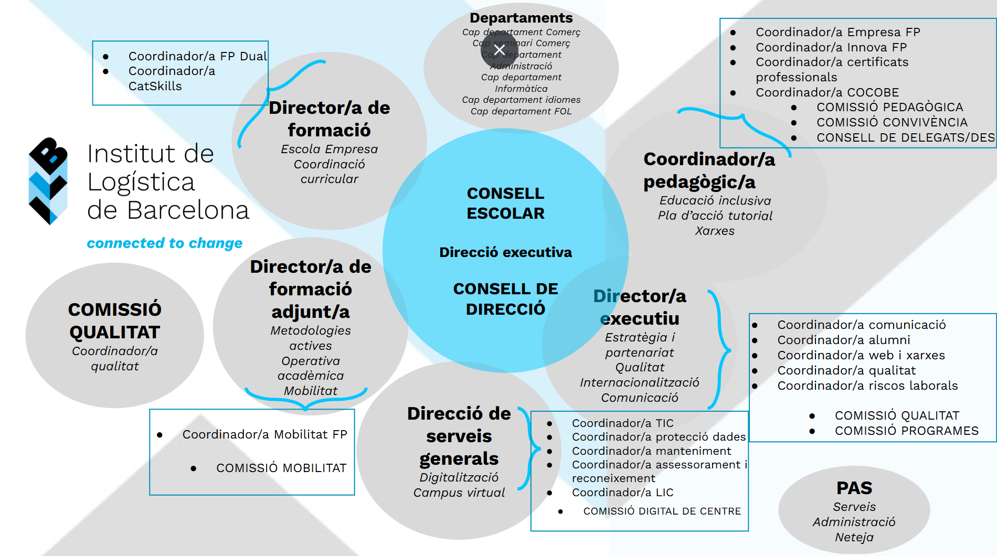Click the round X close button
pos(500,50)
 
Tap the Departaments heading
pos(521,18)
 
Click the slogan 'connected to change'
pos(165,243)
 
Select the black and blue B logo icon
pos(48,180)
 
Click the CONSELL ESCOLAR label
pos(505,203)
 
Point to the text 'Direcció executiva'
pos(505,252)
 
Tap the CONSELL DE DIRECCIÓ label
pos(505,298)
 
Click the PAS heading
pos(854,488)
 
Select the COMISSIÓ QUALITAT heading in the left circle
pos(114,320)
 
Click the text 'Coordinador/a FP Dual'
pos(197,56)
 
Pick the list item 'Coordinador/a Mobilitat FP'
pos(264,434)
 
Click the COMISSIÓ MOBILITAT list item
pos(281,468)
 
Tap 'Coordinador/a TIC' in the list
pos(622,423)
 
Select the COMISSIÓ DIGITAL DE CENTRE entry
pos(662,511)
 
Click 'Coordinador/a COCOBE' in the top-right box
pos(827,92)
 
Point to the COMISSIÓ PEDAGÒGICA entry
pos(889,107)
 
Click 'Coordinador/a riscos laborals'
pos(867,386)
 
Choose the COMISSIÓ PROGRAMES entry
pos(906,431)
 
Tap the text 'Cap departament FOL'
pos(521,111)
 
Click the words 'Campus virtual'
pos(459,493)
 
